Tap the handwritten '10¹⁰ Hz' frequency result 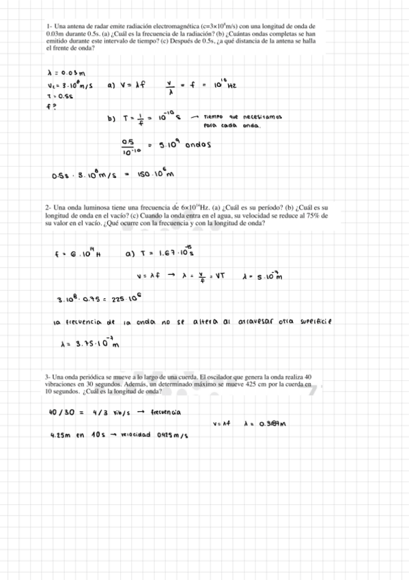(224, 85)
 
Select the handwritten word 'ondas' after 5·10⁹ (189, 145)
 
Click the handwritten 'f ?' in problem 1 (51, 107)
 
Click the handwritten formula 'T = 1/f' (135, 118)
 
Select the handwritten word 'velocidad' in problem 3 (138, 435)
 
